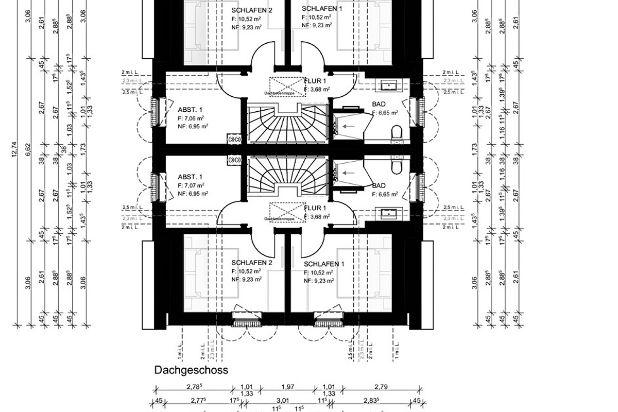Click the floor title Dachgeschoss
tap(191, 370)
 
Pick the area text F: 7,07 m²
tap(191, 185)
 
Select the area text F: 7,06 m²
tap(191, 118)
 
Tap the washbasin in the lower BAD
tap(387, 213)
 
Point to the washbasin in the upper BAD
tap(387, 85)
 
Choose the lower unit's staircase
tap(287, 176)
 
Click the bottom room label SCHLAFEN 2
tap(251, 263)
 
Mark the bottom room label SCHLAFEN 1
tap(324, 264)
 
